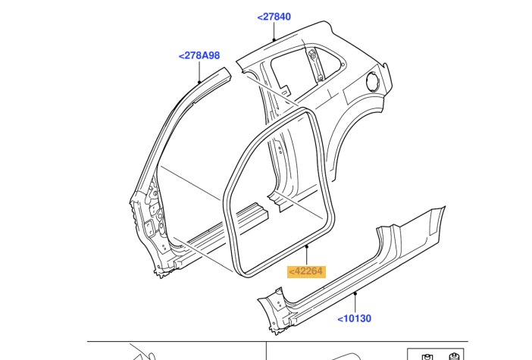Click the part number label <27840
click(x=274, y=17)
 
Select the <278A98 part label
click(x=199, y=55)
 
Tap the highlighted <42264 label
click(x=306, y=271)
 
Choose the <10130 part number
click(x=354, y=318)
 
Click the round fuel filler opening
click(x=372, y=81)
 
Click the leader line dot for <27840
click(x=274, y=40)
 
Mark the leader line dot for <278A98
click(x=199, y=81)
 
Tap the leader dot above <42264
click(x=307, y=246)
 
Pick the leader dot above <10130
click(x=355, y=293)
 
